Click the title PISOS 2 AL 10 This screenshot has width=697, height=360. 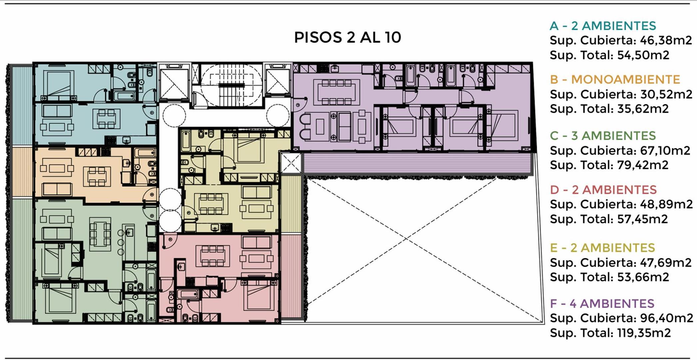tap(348, 37)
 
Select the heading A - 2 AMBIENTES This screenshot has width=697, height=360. tap(603, 26)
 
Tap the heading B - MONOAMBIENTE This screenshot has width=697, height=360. tap(615, 80)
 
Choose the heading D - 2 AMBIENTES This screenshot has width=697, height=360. tap(603, 190)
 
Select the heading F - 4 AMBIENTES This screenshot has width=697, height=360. tap(602, 303)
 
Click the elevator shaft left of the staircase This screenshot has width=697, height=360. tap(174, 84)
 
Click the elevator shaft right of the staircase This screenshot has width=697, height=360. tap(278, 82)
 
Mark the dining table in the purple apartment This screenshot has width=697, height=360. tap(337, 92)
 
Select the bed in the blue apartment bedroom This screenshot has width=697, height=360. tap(59, 83)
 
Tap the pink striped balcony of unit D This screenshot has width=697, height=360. tap(291, 276)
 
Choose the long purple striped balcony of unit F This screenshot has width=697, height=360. tap(416, 163)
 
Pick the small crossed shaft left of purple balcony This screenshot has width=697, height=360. tap(291, 163)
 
